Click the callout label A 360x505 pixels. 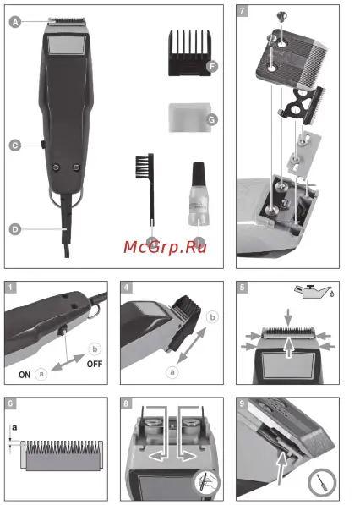click(x=15, y=24)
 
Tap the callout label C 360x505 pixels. click(x=15, y=145)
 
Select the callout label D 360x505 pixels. click(x=15, y=228)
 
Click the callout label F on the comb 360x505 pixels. click(x=212, y=66)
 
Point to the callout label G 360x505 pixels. click(x=211, y=120)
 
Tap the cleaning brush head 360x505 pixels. click(x=142, y=167)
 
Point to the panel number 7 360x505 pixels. click(x=243, y=12)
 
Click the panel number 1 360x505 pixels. click(x=12, y=288)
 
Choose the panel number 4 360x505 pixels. click(x=127, y=288)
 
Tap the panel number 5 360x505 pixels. click(x=243, y=288)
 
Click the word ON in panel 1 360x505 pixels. click(x=25, y=371)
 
